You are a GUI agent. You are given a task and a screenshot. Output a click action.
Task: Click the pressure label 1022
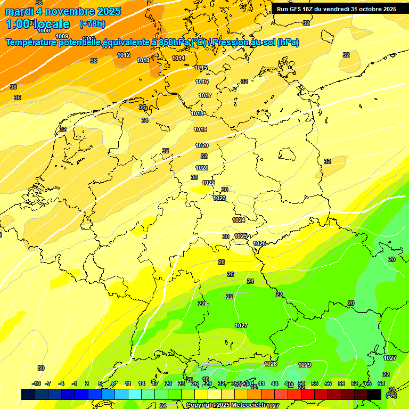[208, 183]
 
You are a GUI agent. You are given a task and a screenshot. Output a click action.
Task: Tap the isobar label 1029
[305, 365]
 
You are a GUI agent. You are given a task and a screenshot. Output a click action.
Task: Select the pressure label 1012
[124, 55]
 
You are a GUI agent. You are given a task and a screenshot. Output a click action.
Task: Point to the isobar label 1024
[239, 220]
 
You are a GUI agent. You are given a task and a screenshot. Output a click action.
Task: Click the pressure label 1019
[200, 129]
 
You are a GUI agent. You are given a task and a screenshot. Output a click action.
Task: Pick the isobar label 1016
[202, 81]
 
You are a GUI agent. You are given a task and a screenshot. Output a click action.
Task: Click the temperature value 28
[222, 262]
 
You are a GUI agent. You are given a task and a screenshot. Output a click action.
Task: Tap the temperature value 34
[145, 121]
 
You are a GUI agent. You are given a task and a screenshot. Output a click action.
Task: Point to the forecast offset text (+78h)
[92, 24]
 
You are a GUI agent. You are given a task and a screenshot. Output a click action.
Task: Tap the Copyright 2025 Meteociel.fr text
[225, 405]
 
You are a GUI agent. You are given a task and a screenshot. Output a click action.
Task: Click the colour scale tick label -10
[36, 383]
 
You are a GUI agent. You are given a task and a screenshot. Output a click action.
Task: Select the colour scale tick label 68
[381, 383]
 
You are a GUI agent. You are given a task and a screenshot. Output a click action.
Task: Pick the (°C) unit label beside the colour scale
[391, 395]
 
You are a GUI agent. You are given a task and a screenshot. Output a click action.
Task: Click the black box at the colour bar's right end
[374, 394]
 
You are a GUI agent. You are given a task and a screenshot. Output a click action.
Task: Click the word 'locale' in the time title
[51, 24]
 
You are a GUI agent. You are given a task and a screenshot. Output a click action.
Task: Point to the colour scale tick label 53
[315, 383]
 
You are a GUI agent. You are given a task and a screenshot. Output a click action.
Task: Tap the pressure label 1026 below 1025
[259, 243]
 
